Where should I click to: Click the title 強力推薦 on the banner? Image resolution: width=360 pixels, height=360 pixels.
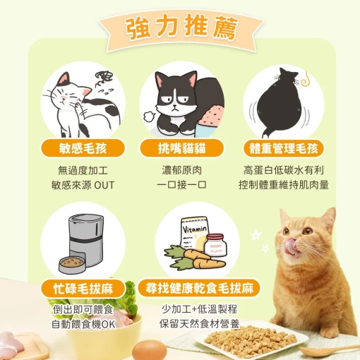[181, 28]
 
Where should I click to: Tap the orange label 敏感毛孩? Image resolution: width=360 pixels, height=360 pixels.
[83, 148]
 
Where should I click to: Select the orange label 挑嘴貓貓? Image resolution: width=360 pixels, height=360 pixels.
[181, 148]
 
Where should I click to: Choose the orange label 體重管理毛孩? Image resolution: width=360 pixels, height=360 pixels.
[284, 148]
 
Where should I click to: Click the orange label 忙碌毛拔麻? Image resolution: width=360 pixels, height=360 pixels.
[83, 289]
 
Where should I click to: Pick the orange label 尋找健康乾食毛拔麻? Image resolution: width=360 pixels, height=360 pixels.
[199, 288]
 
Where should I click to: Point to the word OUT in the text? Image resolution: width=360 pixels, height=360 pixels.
[104, 186]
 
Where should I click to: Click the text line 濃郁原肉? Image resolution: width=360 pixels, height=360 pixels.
[181, 170]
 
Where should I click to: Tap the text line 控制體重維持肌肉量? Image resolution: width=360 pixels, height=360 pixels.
[284, 185]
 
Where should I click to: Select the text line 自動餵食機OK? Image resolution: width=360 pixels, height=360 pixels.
[83, 325]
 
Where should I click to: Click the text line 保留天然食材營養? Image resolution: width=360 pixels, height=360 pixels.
[199, 324]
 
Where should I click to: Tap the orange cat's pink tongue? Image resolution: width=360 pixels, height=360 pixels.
[292, 247]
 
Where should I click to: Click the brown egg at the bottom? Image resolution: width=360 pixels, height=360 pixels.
[150, 350]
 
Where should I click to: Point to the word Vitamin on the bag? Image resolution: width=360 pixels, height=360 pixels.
[195, 229]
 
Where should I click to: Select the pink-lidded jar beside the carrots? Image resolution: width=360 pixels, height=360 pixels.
[215, 245]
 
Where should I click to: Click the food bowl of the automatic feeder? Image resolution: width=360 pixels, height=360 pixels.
[72, 265]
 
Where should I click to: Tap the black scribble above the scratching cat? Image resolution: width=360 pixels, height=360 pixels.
[104, 78]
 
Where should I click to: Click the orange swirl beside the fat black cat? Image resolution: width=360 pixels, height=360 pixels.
[305, 79]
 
